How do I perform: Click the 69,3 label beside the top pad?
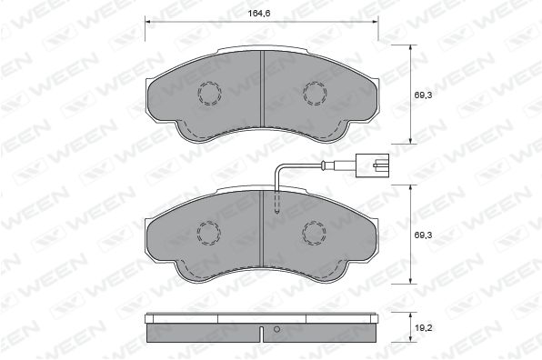tap(424, 95)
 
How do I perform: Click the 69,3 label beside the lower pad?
tap(424, 235)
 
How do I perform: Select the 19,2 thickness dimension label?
tap(424, 328)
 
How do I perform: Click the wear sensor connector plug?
tap(372, 165)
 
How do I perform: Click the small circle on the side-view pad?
tap(276, 329)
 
